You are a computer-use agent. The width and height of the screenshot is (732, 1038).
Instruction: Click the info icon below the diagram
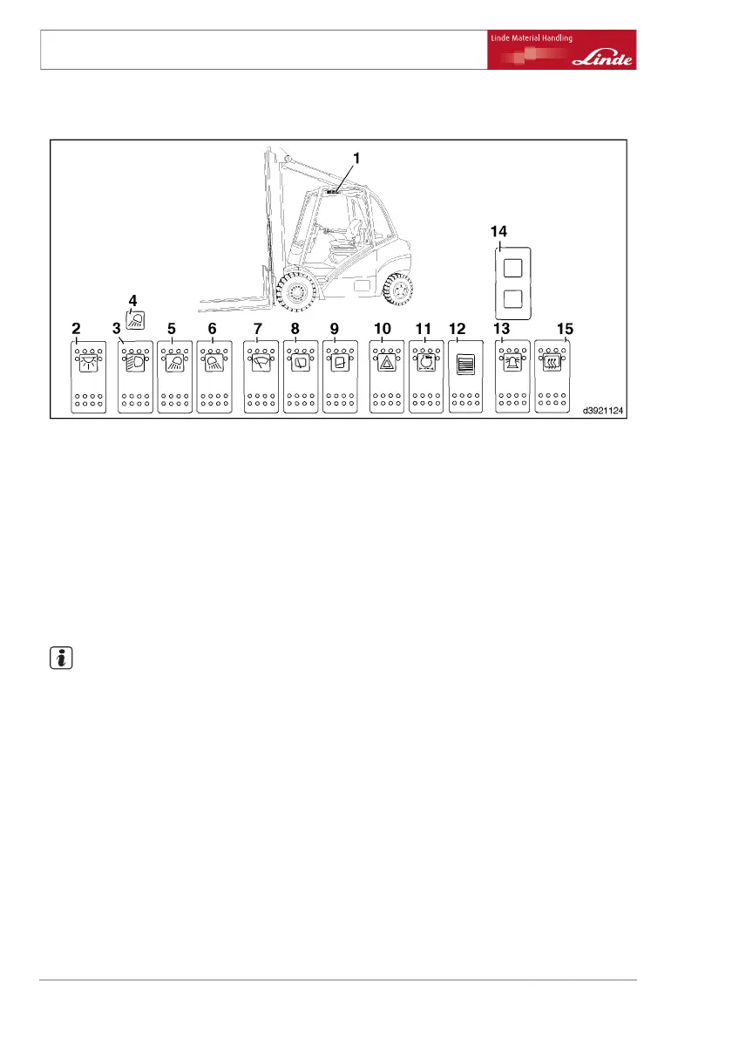57,659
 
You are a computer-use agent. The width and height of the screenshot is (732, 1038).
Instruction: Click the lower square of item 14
513,302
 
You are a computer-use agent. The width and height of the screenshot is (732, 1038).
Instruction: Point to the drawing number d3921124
600,406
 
